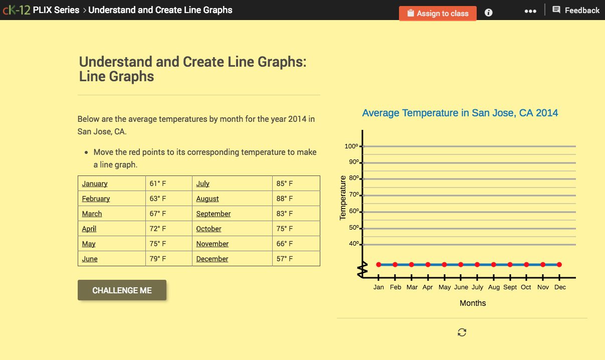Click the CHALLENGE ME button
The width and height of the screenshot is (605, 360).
[x=122, y=290]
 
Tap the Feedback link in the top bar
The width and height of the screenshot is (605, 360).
[x=576, y=10]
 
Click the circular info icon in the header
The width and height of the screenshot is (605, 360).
[x=489, y=13]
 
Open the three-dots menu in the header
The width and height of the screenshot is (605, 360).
[x=530, y=11]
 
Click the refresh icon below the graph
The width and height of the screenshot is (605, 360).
[x=462, y=332]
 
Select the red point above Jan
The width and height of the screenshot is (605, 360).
[x=378, y=264]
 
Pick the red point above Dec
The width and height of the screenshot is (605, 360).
[x=559, y=264]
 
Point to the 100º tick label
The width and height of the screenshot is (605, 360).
[x=351, y=146]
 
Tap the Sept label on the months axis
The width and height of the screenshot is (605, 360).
[x=510, y=287]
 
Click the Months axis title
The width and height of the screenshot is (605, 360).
[x=473, y=303]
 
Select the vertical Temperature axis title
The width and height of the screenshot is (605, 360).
[x=343, y=198]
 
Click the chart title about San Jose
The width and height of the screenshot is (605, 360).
[x=460, y=113]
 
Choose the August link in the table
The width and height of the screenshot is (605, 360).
[x=208, y=199]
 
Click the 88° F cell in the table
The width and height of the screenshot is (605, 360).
[x=285, y=199]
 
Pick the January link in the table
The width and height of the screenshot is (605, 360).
[x=95, y=184]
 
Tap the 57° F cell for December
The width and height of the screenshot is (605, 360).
[x=285, y=259]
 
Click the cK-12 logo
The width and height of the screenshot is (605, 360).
[x=16, y=10]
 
